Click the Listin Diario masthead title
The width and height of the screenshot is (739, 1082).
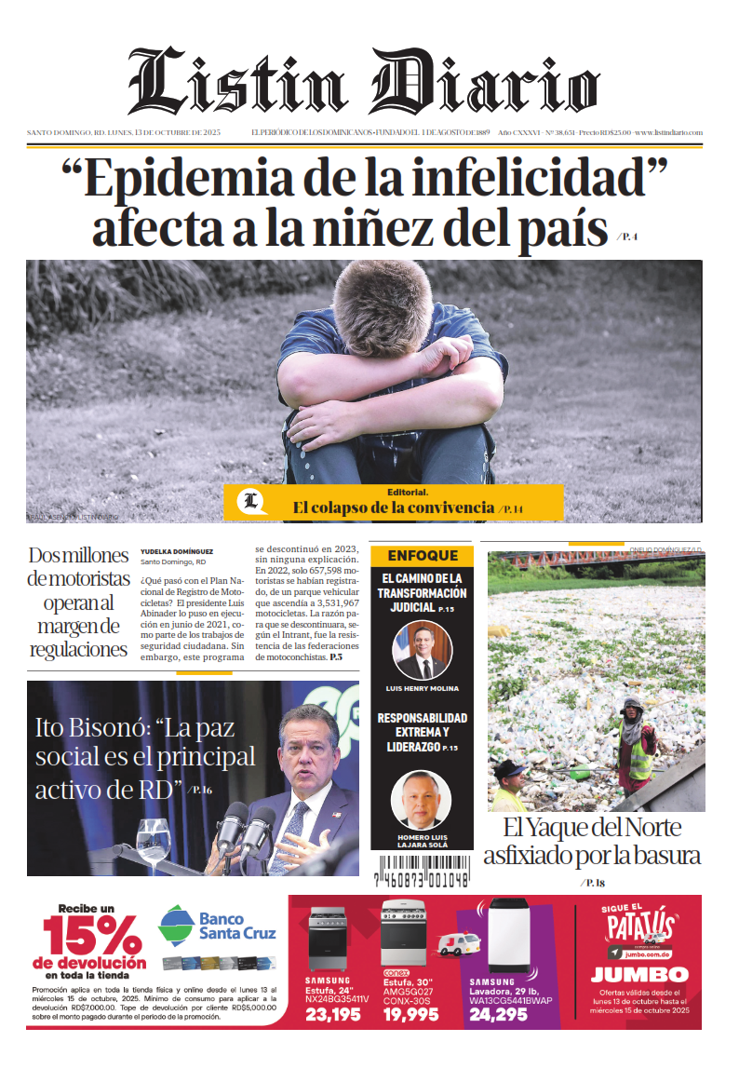point(363,82)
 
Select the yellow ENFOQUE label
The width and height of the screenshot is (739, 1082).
point(423,556)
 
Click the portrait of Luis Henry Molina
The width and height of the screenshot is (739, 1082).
point(423,650)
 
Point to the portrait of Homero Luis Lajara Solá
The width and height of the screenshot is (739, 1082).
point(421,800)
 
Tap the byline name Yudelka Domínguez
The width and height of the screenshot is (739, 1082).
point(177,551)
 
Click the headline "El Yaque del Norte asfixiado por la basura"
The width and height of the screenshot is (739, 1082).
point(592,841)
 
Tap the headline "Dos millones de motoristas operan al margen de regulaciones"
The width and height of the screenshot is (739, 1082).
point(78,602)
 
